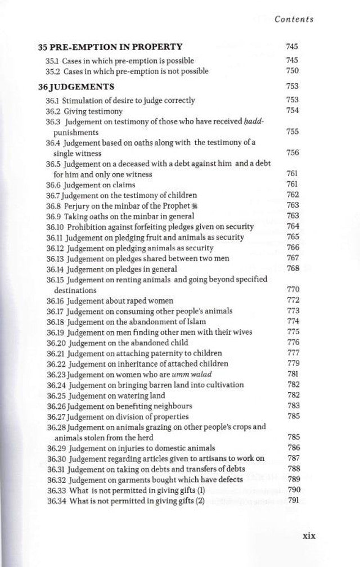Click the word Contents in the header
pos(294,19)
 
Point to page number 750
pos(292,71)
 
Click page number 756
pos(292,152)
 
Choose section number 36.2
pos(52,111)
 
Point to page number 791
pos(292,501)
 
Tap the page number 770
pos(292,290)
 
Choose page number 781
pos(292,374)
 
